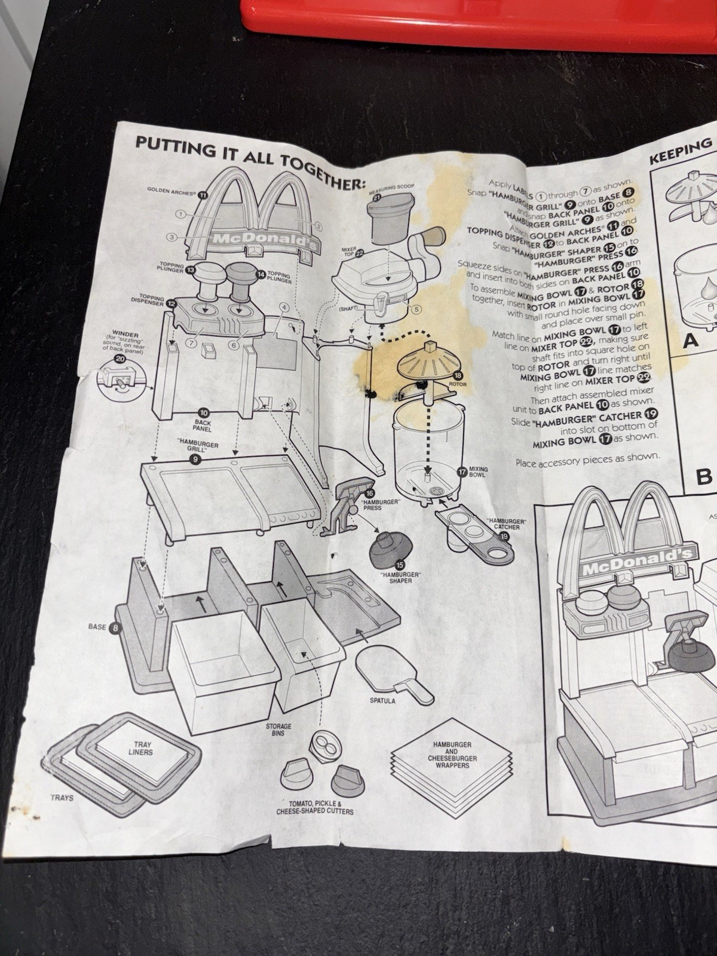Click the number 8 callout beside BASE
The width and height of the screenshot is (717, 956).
click(115, 627)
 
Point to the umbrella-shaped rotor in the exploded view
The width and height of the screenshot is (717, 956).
click(425, 361)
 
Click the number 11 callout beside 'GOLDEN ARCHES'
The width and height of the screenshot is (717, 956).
click(203, 194)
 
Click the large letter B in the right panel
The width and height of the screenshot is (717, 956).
click(705, 476)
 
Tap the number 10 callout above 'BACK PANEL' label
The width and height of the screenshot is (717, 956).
click(204, 413)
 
